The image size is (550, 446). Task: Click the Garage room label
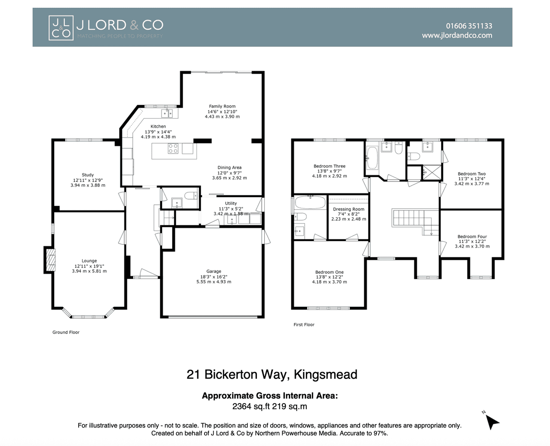click(x=214, y=271)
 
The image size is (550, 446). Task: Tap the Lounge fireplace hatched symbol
click(x=51, y=260)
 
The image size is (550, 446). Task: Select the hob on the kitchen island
click(x=173, y=149)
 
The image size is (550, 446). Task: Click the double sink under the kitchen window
click(x=167, y=113)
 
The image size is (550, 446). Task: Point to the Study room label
click(x=88, y=175)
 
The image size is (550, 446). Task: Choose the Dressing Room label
click(x=348, y=209)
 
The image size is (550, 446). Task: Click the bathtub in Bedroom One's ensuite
click(x=310, y=203)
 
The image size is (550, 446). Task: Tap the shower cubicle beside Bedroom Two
click(x=431, y=172)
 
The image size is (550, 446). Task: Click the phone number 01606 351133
click(x=469, y=26)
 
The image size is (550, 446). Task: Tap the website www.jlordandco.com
click(x=457, y=35)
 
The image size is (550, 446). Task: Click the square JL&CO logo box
click(x=61, y=28)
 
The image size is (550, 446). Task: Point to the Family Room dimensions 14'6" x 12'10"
click(x=222, y=112)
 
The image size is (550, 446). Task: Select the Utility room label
click(x=231, y=203)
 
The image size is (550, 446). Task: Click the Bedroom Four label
click(x=472, y=237)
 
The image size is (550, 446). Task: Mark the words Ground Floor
click(x=66, y=332)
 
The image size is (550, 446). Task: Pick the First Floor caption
click(x=304, y=325)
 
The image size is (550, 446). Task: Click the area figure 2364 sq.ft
click(x=251, y=406)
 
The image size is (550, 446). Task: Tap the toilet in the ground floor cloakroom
click(x=192, y=196)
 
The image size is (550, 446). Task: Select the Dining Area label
click(x=229, y=167)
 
